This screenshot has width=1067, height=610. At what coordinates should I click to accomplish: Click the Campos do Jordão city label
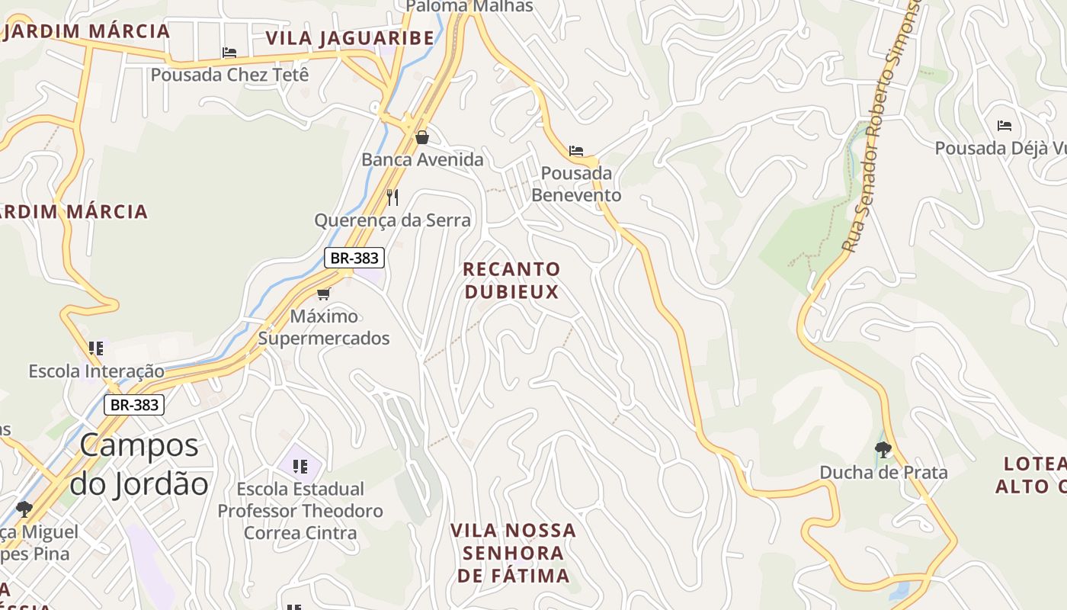coord(139,464)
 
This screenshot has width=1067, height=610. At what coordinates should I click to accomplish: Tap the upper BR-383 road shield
coord(354,258)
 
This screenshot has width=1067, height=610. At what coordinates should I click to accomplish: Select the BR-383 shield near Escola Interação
coord(134,405)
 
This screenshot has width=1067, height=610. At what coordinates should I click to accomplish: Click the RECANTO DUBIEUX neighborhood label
coord(511,280)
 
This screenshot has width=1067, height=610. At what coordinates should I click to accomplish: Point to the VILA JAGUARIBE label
coord(350,38)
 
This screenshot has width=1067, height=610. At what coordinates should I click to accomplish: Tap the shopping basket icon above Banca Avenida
coord(422,137)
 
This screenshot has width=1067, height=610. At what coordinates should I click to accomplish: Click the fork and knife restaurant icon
coord(393,197)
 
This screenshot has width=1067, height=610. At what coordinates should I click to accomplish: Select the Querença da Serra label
coord(393,220)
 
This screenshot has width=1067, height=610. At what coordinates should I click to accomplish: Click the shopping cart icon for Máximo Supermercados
coord(324,294)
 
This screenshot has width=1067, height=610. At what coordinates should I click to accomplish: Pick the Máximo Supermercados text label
coord(324,327)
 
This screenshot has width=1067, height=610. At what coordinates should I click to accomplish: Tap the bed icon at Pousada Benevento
coord(576,151)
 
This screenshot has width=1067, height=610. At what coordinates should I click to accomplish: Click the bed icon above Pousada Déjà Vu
coord(1005,126)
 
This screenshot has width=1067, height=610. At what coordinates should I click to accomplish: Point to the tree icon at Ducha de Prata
coord(883,449)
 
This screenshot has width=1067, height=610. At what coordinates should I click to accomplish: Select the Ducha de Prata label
coord(883,473)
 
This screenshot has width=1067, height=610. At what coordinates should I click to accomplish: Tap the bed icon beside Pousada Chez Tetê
coord(229,53)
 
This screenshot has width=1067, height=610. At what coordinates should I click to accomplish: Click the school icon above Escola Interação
coord(96,348)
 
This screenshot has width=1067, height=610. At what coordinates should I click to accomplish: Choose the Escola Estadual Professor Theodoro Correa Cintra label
coord(300,511)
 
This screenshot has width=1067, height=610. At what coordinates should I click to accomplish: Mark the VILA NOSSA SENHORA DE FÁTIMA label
coord(513,553)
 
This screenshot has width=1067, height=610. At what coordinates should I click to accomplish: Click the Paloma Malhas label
coord(469,6)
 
